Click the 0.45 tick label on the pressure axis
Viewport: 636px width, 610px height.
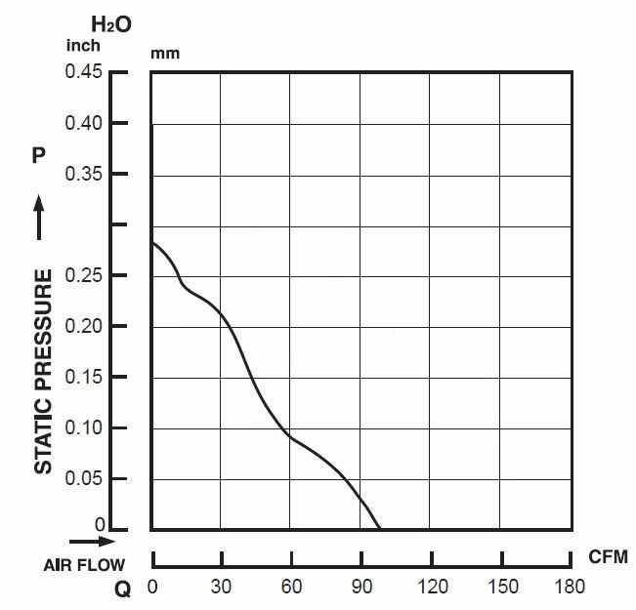click(85, 71)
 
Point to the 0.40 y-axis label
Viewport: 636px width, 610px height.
click(85, 123)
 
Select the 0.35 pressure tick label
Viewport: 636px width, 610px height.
click(85, 174)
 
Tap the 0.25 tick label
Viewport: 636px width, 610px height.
click(85, 275)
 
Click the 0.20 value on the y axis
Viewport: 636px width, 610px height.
click(85, 326)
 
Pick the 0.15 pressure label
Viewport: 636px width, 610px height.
click(85, 377)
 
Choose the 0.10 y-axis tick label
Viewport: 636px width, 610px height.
click(85, 427)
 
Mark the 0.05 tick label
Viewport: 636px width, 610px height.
click(85, 478)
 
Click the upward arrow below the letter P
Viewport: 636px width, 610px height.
click(40, 217)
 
